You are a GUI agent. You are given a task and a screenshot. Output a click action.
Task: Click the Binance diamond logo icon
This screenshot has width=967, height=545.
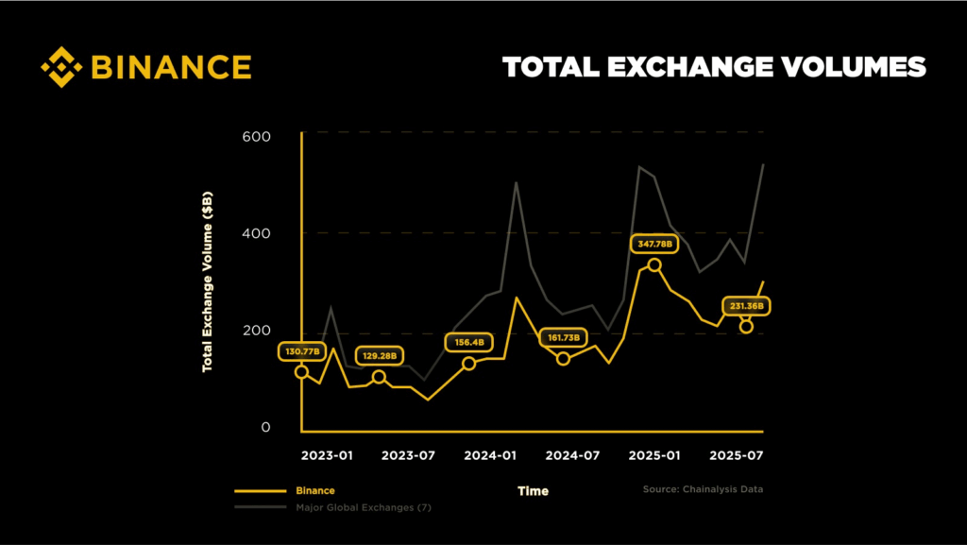(x=61, y=67)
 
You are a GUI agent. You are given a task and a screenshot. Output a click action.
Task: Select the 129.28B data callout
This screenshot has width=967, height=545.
(x=380, y=356)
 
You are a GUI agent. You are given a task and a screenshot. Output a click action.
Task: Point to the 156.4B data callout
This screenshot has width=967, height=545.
(x=469, y=342)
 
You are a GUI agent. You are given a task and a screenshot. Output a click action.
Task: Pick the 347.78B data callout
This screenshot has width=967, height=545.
(x=654, y=244)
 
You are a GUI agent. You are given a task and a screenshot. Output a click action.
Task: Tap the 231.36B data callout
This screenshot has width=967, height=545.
(x=747, y=306)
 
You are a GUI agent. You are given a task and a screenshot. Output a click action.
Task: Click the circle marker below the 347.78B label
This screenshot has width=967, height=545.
(x=654, y=265)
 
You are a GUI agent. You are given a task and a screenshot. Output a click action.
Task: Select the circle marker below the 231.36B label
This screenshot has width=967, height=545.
(x=746, y=327)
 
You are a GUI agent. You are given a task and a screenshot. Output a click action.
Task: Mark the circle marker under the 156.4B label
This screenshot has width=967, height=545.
(x=468, y=364)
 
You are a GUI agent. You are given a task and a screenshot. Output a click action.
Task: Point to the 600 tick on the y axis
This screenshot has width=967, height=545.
(x=256, y=136)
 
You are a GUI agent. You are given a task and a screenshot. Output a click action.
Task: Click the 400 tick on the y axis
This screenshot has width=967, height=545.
(x=256, y=233)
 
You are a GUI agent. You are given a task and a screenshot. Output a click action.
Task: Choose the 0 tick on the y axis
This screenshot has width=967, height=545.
(x=265, y=428)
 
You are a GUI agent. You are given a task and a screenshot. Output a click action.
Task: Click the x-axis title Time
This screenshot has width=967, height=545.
(x=533, y=491)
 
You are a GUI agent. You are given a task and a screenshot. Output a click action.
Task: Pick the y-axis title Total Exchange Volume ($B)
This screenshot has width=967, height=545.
(x=207, y=281)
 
